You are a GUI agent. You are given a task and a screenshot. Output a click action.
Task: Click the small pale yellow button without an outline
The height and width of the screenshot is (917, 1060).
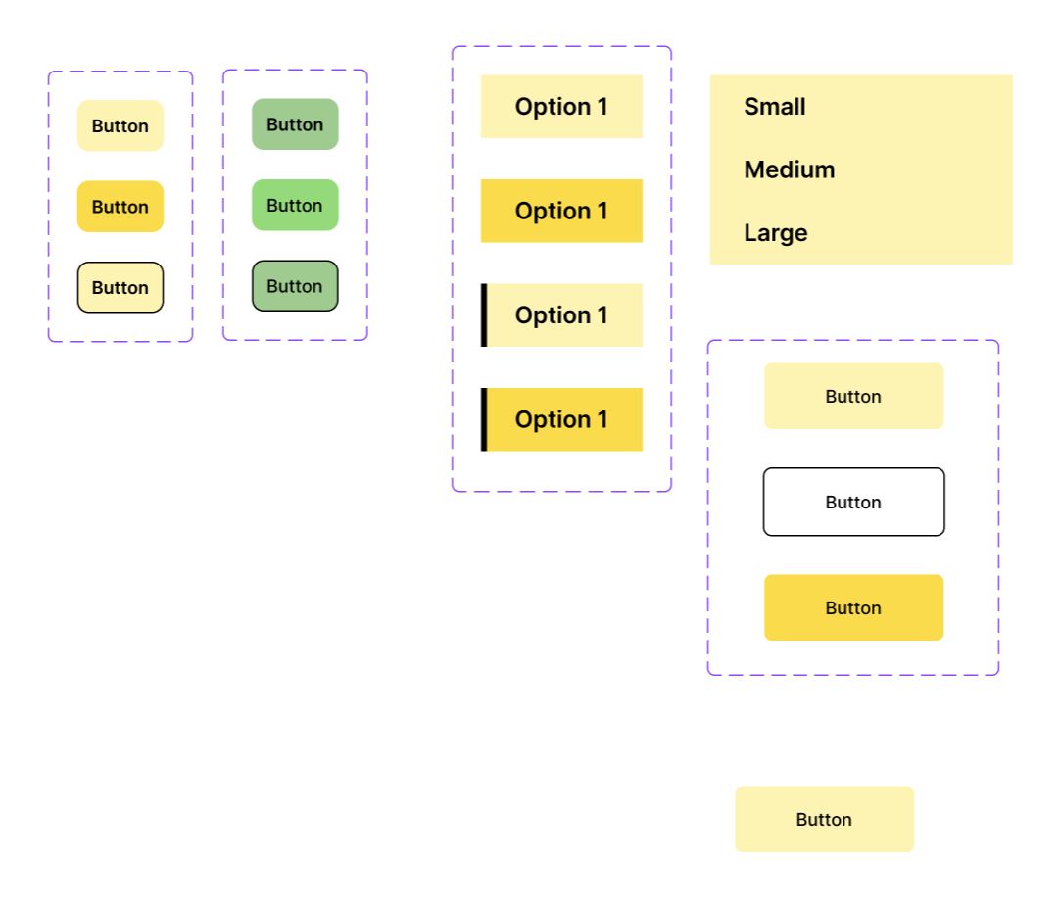(x=120, y=125)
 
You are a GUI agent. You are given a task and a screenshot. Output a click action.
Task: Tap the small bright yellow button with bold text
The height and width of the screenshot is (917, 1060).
(x=120, y=207)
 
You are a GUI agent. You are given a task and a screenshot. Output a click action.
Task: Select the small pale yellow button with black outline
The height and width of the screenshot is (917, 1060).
(x=120, y=287)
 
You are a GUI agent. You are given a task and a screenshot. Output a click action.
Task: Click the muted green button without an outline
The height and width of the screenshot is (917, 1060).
(x=295, y=124)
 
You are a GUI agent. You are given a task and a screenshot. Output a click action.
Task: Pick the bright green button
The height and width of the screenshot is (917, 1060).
(x=295, y=205)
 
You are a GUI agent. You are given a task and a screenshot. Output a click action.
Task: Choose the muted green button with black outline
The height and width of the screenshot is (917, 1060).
(x=295, y=286)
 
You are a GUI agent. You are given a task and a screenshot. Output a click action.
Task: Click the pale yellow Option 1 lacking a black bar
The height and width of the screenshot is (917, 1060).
(x=561, y=106)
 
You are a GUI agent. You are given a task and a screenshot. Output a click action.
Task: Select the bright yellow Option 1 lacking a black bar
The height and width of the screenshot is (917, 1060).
(x=561, y=211)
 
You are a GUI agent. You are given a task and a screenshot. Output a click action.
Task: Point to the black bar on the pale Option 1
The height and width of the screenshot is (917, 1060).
(x=484, y=315)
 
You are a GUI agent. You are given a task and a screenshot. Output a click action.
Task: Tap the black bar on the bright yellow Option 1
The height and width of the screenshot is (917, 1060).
(x=484, y=419)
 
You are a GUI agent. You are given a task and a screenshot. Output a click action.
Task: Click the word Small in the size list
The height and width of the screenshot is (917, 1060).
(x=775, y=107)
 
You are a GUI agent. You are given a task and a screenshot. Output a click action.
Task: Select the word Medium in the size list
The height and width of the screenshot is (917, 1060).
(x=790, y=169)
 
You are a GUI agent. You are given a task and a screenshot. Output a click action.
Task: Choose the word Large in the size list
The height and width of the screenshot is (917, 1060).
(x=775, y=233)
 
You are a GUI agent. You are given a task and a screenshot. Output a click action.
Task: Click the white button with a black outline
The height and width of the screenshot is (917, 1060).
(x=854, y=502)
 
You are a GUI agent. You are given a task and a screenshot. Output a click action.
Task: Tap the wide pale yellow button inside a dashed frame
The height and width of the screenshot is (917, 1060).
(x=854, y=396)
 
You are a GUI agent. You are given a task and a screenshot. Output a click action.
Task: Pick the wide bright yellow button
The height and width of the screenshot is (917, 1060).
(x=854, y=608)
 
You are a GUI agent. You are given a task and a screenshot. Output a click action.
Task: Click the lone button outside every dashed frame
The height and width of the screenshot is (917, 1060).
(x=824, y=820)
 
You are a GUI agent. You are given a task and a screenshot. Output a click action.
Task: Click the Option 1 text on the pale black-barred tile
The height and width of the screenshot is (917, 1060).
(x=561, y=315)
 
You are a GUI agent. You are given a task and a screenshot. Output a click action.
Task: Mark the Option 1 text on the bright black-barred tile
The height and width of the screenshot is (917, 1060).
(x=561, y=420)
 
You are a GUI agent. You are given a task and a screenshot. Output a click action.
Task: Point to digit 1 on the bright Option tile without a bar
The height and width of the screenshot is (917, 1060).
(x=602, y=211)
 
